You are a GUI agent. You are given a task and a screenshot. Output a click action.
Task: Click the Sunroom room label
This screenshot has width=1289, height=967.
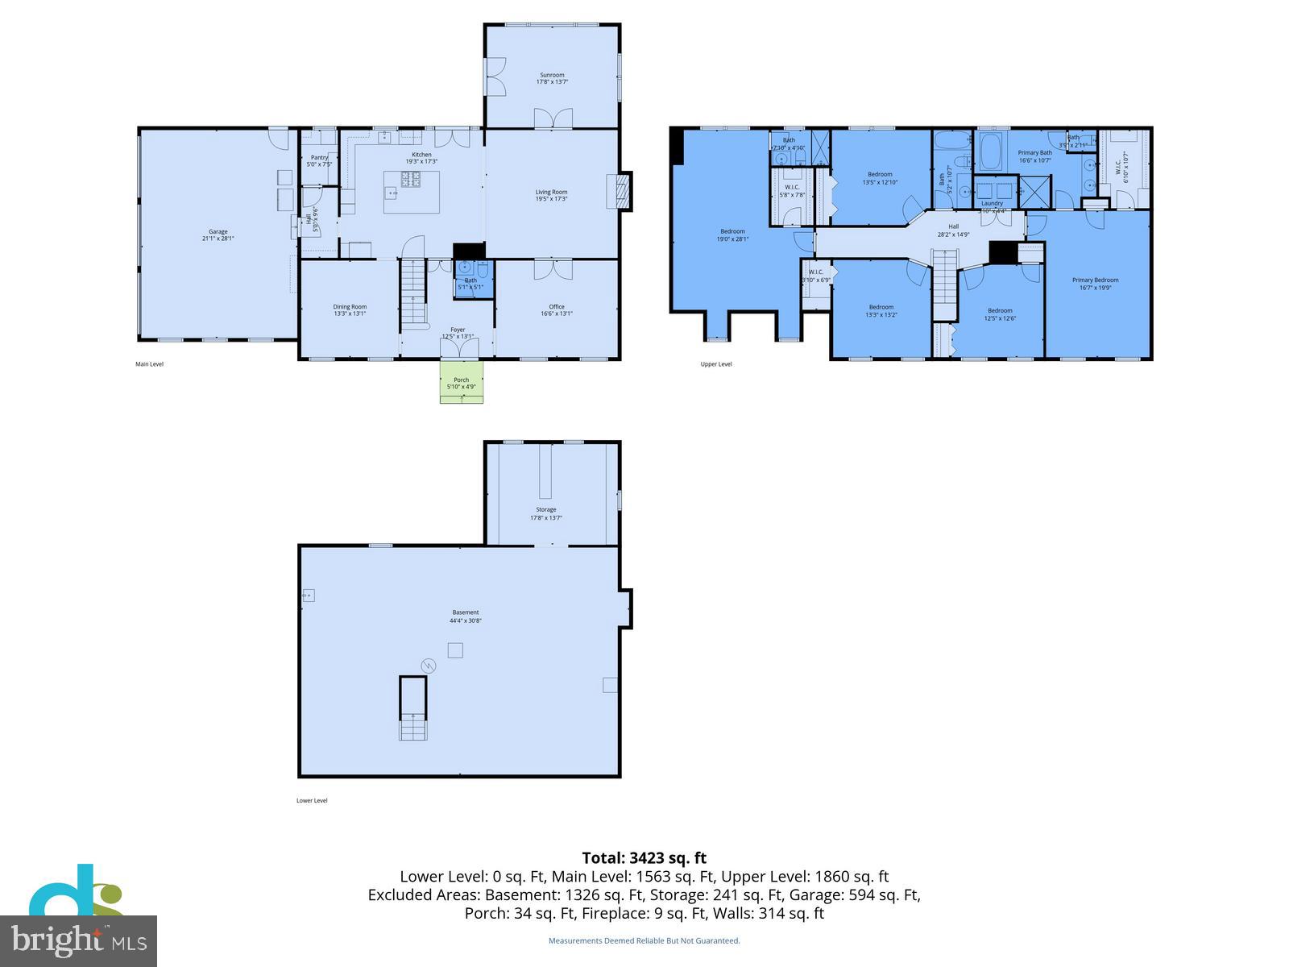tap(552, 75)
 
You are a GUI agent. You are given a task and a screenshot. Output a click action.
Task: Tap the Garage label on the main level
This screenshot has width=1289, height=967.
tap(218, 232)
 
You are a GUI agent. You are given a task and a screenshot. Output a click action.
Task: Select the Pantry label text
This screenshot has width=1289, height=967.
tap(319, 158)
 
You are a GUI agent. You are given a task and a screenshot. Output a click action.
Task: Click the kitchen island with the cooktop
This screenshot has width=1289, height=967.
tap(412, 191)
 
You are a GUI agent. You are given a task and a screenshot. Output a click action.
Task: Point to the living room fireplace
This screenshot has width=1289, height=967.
tap(620, 191)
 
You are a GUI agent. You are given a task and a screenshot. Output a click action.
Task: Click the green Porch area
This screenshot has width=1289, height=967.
tap(462, 382)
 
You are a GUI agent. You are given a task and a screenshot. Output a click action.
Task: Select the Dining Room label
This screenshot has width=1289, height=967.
tap(350, 307)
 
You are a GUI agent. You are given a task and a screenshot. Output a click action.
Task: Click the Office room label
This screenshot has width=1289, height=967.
tap(557, 307)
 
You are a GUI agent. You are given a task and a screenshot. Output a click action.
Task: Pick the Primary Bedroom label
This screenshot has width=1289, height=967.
tap(1095, 280)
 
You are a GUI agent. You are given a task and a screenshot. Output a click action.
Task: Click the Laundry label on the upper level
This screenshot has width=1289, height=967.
tap(992, 203)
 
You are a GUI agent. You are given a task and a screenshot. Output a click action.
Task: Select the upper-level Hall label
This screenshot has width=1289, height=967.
tap(953, 226)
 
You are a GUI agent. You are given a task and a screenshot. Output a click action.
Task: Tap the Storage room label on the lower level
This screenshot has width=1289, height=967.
tap(546, 509)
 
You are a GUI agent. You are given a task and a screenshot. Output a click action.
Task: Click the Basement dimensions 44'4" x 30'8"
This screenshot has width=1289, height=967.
tap(466, 621)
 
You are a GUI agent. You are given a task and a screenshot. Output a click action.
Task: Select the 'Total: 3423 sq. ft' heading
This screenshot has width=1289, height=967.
tap(644, 858)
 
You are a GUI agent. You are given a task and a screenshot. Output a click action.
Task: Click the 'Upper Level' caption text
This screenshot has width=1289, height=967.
tap(716, 364)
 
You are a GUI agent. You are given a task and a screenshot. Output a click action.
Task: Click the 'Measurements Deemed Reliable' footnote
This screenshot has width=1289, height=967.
tap(644, 940)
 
